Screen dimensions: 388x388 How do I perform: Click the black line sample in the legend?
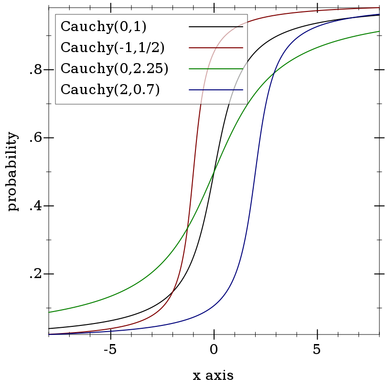(216, 27)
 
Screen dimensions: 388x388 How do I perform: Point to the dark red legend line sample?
(216, 48)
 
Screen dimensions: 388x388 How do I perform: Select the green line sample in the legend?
(216, 69)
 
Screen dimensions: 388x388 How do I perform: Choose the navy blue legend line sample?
(216, 90)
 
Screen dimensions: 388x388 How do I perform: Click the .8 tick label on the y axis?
(37, 70)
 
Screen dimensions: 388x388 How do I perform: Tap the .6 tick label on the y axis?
(37, 139)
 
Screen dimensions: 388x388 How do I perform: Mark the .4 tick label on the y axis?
(37, 206)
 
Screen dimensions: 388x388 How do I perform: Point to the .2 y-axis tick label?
(37, 274)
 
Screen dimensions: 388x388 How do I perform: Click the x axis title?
(213, 376)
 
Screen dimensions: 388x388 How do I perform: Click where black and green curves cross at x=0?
(214, 172)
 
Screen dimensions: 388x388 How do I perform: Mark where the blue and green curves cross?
(274, 73)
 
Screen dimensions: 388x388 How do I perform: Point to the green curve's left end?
(49, 313)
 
